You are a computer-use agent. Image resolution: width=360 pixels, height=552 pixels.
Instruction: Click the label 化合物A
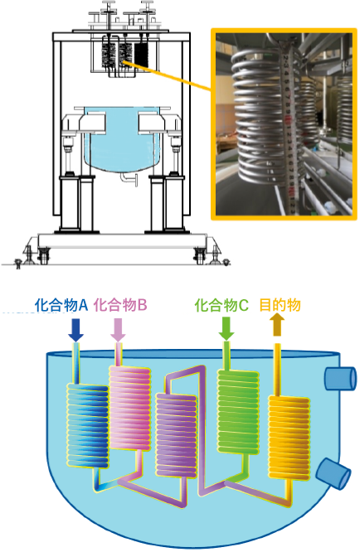tap(61, 305)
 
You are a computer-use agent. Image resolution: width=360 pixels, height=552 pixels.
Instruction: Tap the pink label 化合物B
tap(119, 305)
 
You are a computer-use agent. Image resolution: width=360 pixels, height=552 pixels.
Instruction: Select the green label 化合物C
tap(221, 305)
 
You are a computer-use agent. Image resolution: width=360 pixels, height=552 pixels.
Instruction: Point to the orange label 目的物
tap(280, 305)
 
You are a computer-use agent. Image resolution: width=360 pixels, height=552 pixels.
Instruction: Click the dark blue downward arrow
tap(75, 330)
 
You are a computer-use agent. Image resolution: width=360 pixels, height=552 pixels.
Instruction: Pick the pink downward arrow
tap(118, 330)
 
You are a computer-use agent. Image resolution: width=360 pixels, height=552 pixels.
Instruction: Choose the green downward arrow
tap(226, 329)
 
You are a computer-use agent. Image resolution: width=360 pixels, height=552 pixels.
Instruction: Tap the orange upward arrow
tap(277, 325)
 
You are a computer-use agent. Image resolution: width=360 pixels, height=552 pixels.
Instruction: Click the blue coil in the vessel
tap(87, 426)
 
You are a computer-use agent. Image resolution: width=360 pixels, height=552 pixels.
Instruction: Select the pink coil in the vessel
tap(130, 408)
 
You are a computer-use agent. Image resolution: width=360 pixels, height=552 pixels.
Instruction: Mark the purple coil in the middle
tap(176, 435)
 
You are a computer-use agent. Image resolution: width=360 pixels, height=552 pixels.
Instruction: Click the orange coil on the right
tap(289, 438)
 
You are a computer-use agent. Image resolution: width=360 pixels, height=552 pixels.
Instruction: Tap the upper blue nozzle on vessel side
tap(340, 378)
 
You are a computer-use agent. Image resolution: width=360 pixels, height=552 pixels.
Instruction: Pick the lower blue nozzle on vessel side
tap(333, 474)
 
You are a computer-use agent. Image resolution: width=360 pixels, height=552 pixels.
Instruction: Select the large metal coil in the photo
tap(259, 116)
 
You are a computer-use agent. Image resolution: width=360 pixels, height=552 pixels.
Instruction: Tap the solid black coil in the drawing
tap(141, 55)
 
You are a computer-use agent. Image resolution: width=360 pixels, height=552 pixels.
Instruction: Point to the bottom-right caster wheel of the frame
tap(199, 256)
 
